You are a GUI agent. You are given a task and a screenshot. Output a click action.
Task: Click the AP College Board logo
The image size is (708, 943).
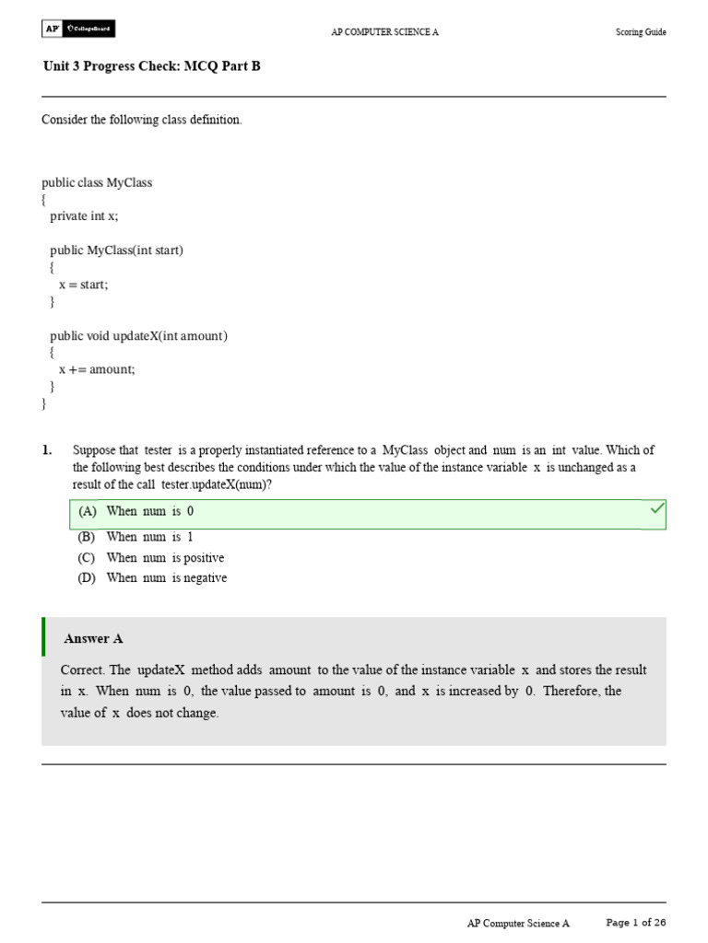pyautogui.click(x=78, y=29)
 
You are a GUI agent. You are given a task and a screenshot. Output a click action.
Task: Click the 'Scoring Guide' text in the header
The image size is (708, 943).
pyautogui.click(x=641, y=32)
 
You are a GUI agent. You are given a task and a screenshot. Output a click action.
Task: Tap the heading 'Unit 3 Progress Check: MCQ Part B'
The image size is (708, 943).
pyautogui.click(x=152, y=66)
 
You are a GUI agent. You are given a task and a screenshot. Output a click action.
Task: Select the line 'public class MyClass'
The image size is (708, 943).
pyautogui.click(x=97, y=182)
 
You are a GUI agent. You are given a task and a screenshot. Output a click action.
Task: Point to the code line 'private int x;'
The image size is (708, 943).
pyautogui.click(x=84, y=215)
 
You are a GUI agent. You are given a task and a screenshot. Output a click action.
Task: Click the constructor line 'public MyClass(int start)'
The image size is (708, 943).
pyautogui.click(x=116, y=250)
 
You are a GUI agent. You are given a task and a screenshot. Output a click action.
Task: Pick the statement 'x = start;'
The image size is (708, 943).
pyautogui.click(x=83, y=285)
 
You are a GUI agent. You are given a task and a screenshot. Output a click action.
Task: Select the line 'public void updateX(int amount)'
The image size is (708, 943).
pyautogui.click(x=138, y=336)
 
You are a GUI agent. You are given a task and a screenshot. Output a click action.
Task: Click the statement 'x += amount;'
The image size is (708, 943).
pyautogui.click(x=97, y=369)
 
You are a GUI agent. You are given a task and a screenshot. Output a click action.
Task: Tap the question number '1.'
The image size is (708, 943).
pyautogui.click(x=47, y=450)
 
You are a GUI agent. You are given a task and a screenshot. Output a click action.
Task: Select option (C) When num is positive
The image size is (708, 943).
pyautogui.click(x=151, y=558)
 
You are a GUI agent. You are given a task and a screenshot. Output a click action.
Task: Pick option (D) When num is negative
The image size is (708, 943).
pyautogui.click(x=152, y=578)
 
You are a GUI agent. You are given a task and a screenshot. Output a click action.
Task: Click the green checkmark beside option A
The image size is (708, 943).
pyautogui.click(x=657, y=508)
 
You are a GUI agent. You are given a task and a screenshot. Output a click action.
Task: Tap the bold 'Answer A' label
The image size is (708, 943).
pyautogui.click(x=93, y=638)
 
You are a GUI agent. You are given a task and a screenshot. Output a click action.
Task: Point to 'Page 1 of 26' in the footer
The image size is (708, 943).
pyautogui.click(x=635, y=922)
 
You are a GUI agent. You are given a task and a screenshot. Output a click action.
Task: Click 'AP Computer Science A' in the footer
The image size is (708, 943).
pyautogui.click(x=518, y=923)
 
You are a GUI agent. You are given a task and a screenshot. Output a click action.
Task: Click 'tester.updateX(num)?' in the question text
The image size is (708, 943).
pyautogui.click(x=217, y=485)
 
